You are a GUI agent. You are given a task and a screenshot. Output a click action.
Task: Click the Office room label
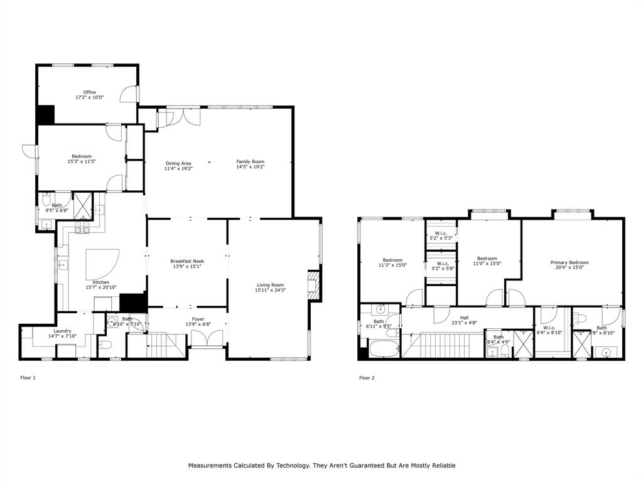pyautogui.click(x=89, y=92)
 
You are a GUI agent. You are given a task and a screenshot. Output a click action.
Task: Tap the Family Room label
pyautogui.click(x=250, y=161)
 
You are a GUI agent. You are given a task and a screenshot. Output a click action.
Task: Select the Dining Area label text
pyautogui.click(x=178, y=163)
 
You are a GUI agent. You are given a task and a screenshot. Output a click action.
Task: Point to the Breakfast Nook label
pyautogui.click(x=187, y=261)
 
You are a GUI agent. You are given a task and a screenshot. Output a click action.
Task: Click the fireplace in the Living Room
pyautogui.click(x=313, y=284)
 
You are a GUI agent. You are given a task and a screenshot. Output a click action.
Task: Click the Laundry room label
pyautogui.click(x=62, y=331)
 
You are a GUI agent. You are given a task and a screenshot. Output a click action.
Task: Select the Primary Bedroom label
pyautogui.click(x=570, y=262)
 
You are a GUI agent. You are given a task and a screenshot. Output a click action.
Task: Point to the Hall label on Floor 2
pyautogui.click(x=464, y=318)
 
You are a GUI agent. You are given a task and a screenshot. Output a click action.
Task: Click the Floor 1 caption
pyautogui.click(x=28, y=378)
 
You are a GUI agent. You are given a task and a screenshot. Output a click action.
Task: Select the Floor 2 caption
pyautogui.click(x=367, y=378)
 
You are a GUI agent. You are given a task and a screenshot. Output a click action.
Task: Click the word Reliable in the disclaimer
pyautogui.click(x=442, y=466)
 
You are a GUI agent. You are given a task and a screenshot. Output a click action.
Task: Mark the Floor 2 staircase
pyautogui.click(x=444, y=346)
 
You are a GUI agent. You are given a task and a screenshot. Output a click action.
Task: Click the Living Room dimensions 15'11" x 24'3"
pyautogui.click(x=270, y=290)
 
